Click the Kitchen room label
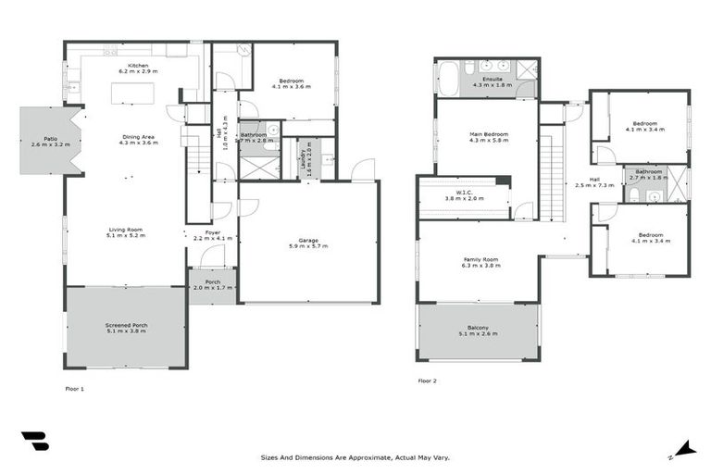pos(138,68)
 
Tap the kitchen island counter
pos(132,94)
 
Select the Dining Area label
pos(138,141)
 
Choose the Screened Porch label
pos(126,329)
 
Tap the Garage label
pos(306,243)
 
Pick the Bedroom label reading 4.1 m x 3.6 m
pos(292,83)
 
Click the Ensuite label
pos(487,81)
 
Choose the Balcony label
pos(479,331)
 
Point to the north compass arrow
pos(684,449)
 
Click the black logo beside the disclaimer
pos(34,442)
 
